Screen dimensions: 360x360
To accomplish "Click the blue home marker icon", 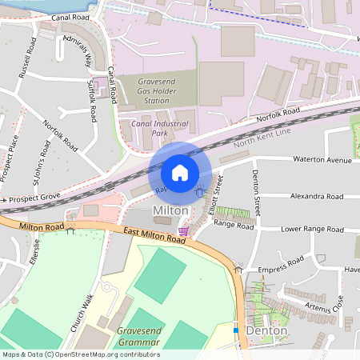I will [180, 172].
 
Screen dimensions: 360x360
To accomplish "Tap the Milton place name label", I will [170, 210].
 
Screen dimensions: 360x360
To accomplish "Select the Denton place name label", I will [266, 330].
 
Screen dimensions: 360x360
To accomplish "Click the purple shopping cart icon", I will [185, 231].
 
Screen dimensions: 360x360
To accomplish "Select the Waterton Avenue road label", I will [322, 160].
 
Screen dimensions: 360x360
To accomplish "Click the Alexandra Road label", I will [317, 196].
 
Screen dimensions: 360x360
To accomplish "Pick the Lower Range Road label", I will [312, 229].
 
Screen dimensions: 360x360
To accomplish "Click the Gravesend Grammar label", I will [138, 336].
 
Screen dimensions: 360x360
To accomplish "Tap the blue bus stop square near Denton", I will [236, 330].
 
